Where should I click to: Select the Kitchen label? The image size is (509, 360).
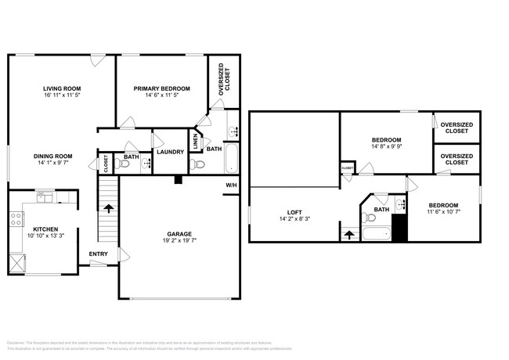tap(44, 229)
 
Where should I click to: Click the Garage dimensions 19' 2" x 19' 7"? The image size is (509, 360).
tap(178, 241)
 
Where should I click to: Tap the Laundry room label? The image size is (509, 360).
tap(170, 152)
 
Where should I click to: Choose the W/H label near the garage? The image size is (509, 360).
tap(231, 185)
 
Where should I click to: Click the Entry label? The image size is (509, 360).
tap(99, 254)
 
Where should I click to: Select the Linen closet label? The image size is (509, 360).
tap(195, 142)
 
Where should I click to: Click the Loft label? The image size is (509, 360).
tap(294, 211)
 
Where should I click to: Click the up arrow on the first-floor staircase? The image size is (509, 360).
tap(108, 209)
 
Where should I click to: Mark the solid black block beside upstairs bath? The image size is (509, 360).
tap(400, 228)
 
